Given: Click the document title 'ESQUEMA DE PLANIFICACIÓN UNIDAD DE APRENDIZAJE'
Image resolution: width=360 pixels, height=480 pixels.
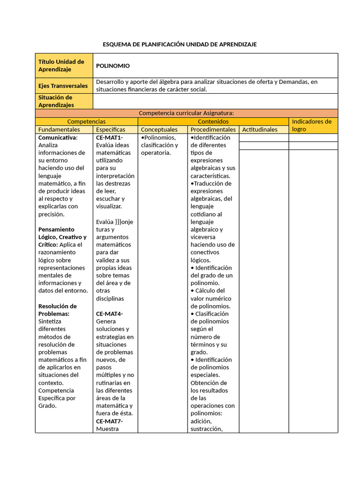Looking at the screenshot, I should coord(180,44).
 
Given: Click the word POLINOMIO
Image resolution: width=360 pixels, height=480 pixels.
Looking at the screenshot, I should coord(113,66).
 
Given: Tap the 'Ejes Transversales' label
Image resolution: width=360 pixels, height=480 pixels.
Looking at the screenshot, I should coord(63,86).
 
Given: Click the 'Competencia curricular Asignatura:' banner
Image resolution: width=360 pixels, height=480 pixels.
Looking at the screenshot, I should coord(186,113).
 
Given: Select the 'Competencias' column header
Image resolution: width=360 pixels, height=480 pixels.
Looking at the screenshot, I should coord(86,121).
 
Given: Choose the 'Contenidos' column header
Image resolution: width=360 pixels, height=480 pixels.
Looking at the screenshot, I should coord(213,121).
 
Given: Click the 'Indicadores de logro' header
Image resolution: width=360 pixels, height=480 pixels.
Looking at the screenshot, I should coord(312,125).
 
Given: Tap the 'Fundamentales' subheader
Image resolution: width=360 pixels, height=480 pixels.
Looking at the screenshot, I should coord(59,129).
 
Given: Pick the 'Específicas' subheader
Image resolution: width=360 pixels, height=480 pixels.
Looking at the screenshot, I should coord(111,129).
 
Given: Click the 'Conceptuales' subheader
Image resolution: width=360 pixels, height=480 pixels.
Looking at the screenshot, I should coord(159,129).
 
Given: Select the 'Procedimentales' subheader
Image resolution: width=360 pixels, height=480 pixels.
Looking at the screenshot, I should coord(213,129).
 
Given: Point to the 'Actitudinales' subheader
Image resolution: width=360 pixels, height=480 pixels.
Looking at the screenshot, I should coord(260,129).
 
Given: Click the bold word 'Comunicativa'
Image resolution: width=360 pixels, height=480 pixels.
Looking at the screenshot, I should coord(58,137).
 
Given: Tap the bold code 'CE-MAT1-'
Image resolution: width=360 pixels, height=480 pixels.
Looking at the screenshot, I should coord(109,137).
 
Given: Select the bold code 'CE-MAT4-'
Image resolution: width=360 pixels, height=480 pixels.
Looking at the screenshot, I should coord(109,314).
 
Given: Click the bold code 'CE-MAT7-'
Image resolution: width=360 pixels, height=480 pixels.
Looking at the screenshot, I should coord(109,421).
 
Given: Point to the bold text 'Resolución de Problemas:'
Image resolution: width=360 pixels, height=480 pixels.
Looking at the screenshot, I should coord(57,310).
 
